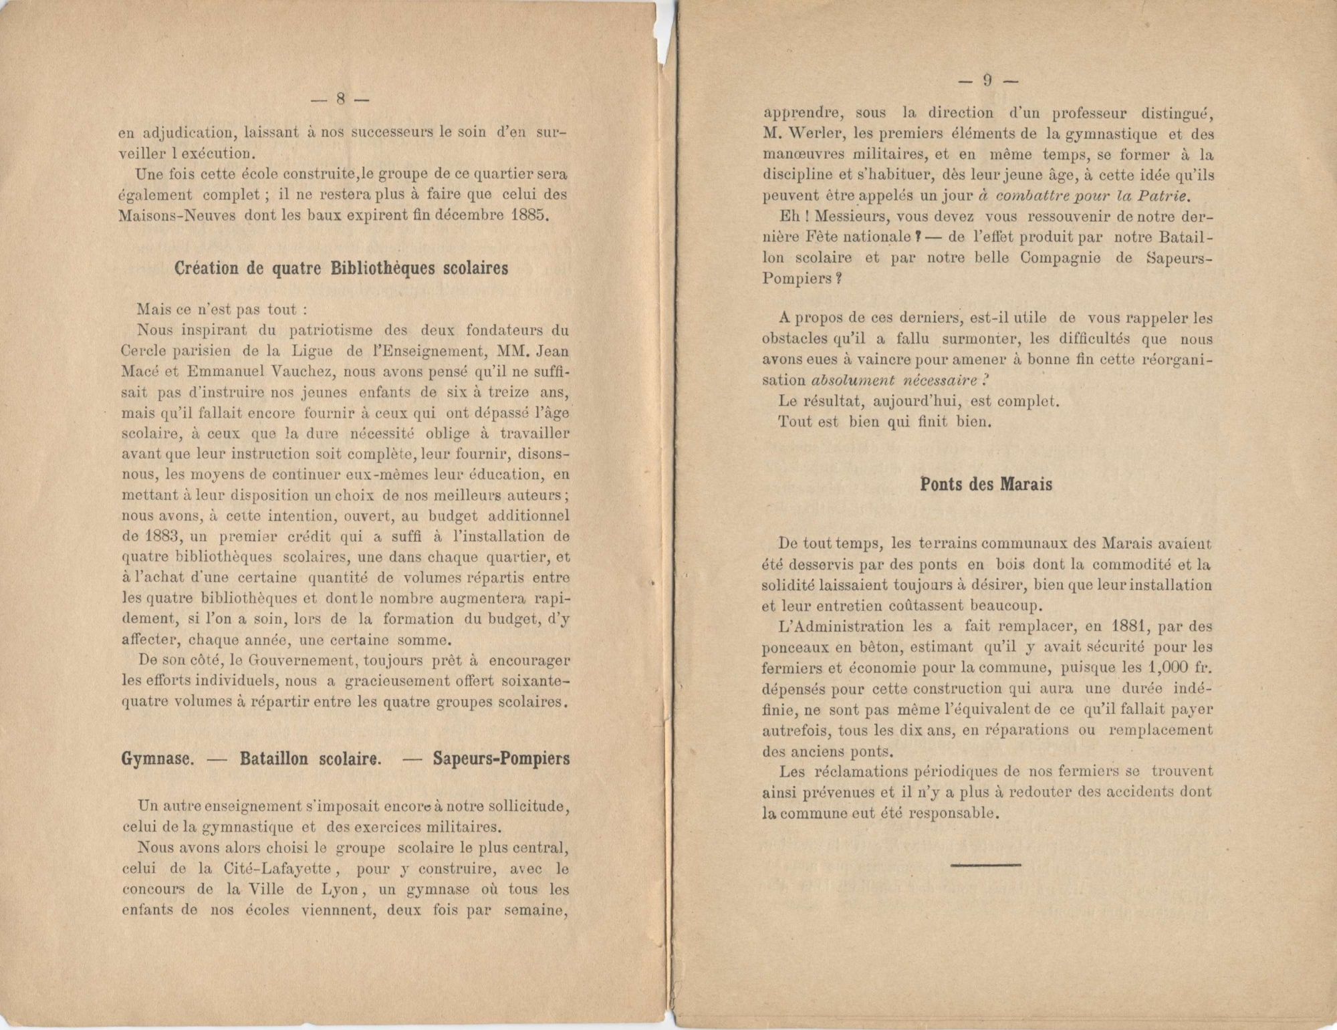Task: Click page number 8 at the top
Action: (340, 99)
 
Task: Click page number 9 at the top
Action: (987, 81)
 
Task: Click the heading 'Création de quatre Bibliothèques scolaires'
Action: (341, 268)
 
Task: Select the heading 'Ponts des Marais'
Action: (986, 484)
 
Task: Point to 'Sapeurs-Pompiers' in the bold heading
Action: (501, 759)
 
